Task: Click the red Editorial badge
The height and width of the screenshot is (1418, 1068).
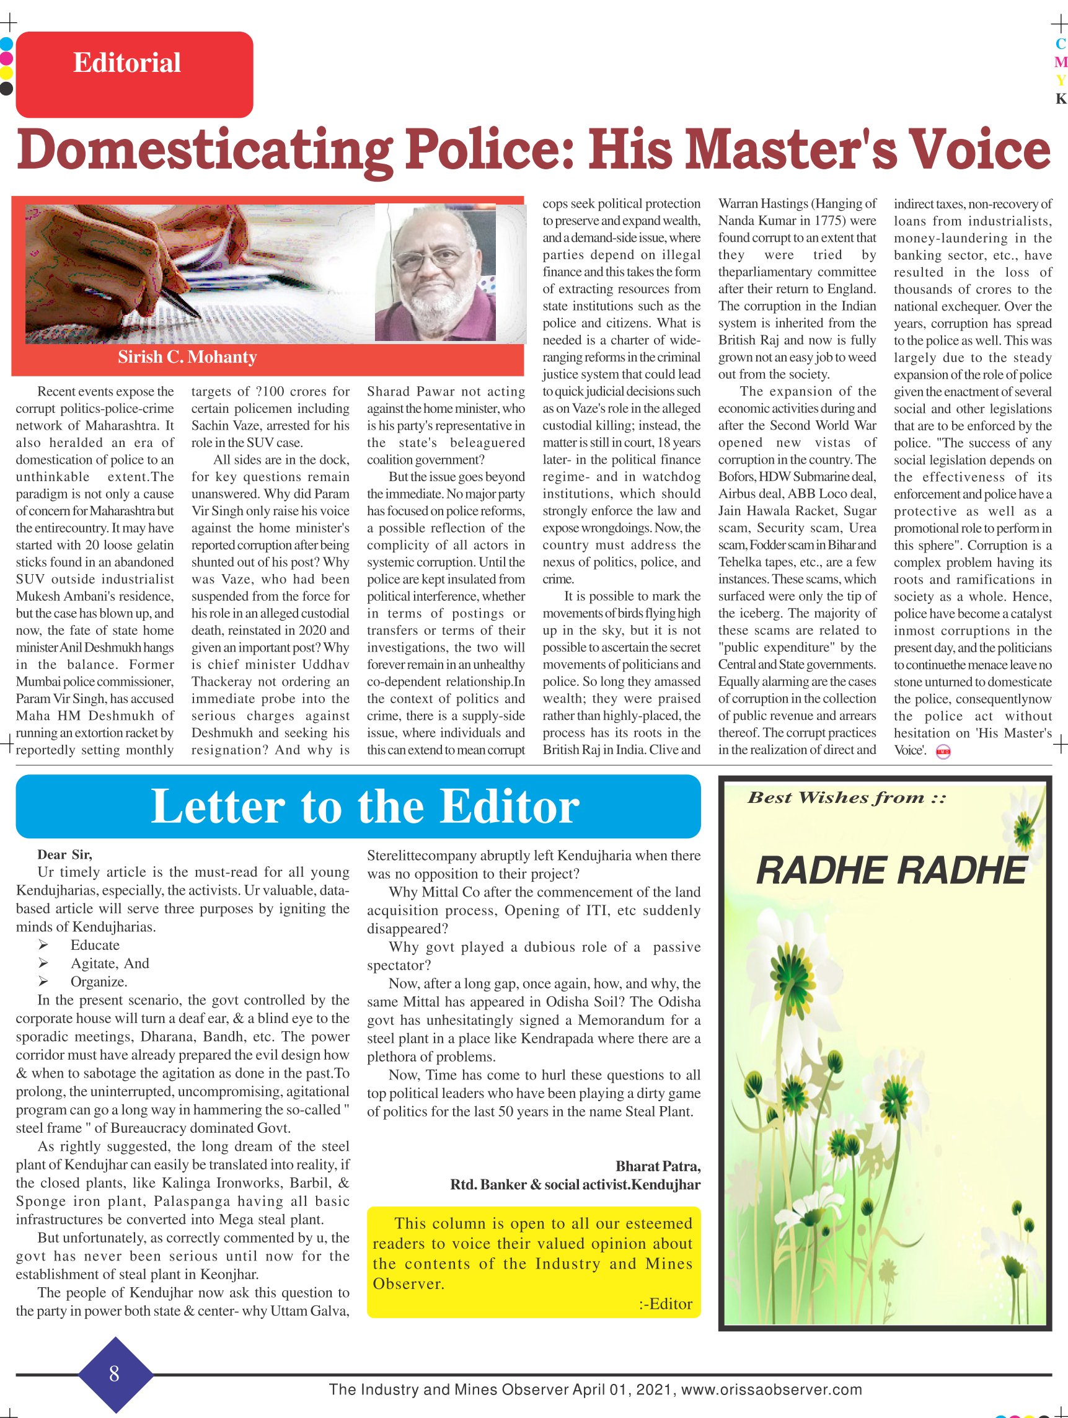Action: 134,74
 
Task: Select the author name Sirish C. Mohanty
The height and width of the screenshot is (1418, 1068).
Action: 187,357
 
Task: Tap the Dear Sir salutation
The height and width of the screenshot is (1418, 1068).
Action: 64,854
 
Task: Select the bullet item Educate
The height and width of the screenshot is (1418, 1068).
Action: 95,945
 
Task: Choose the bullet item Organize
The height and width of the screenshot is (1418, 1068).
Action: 99,982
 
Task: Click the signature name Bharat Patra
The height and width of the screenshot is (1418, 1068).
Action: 658,1166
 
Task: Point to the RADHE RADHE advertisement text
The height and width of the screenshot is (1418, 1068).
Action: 892,871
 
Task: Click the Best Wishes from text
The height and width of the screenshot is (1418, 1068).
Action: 846,798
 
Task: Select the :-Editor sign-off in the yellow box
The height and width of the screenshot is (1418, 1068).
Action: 666,1304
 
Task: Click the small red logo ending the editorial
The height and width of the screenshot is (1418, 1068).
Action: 943,752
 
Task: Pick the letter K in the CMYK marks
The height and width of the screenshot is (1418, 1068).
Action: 1061,99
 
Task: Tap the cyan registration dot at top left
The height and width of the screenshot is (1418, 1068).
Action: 6,45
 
